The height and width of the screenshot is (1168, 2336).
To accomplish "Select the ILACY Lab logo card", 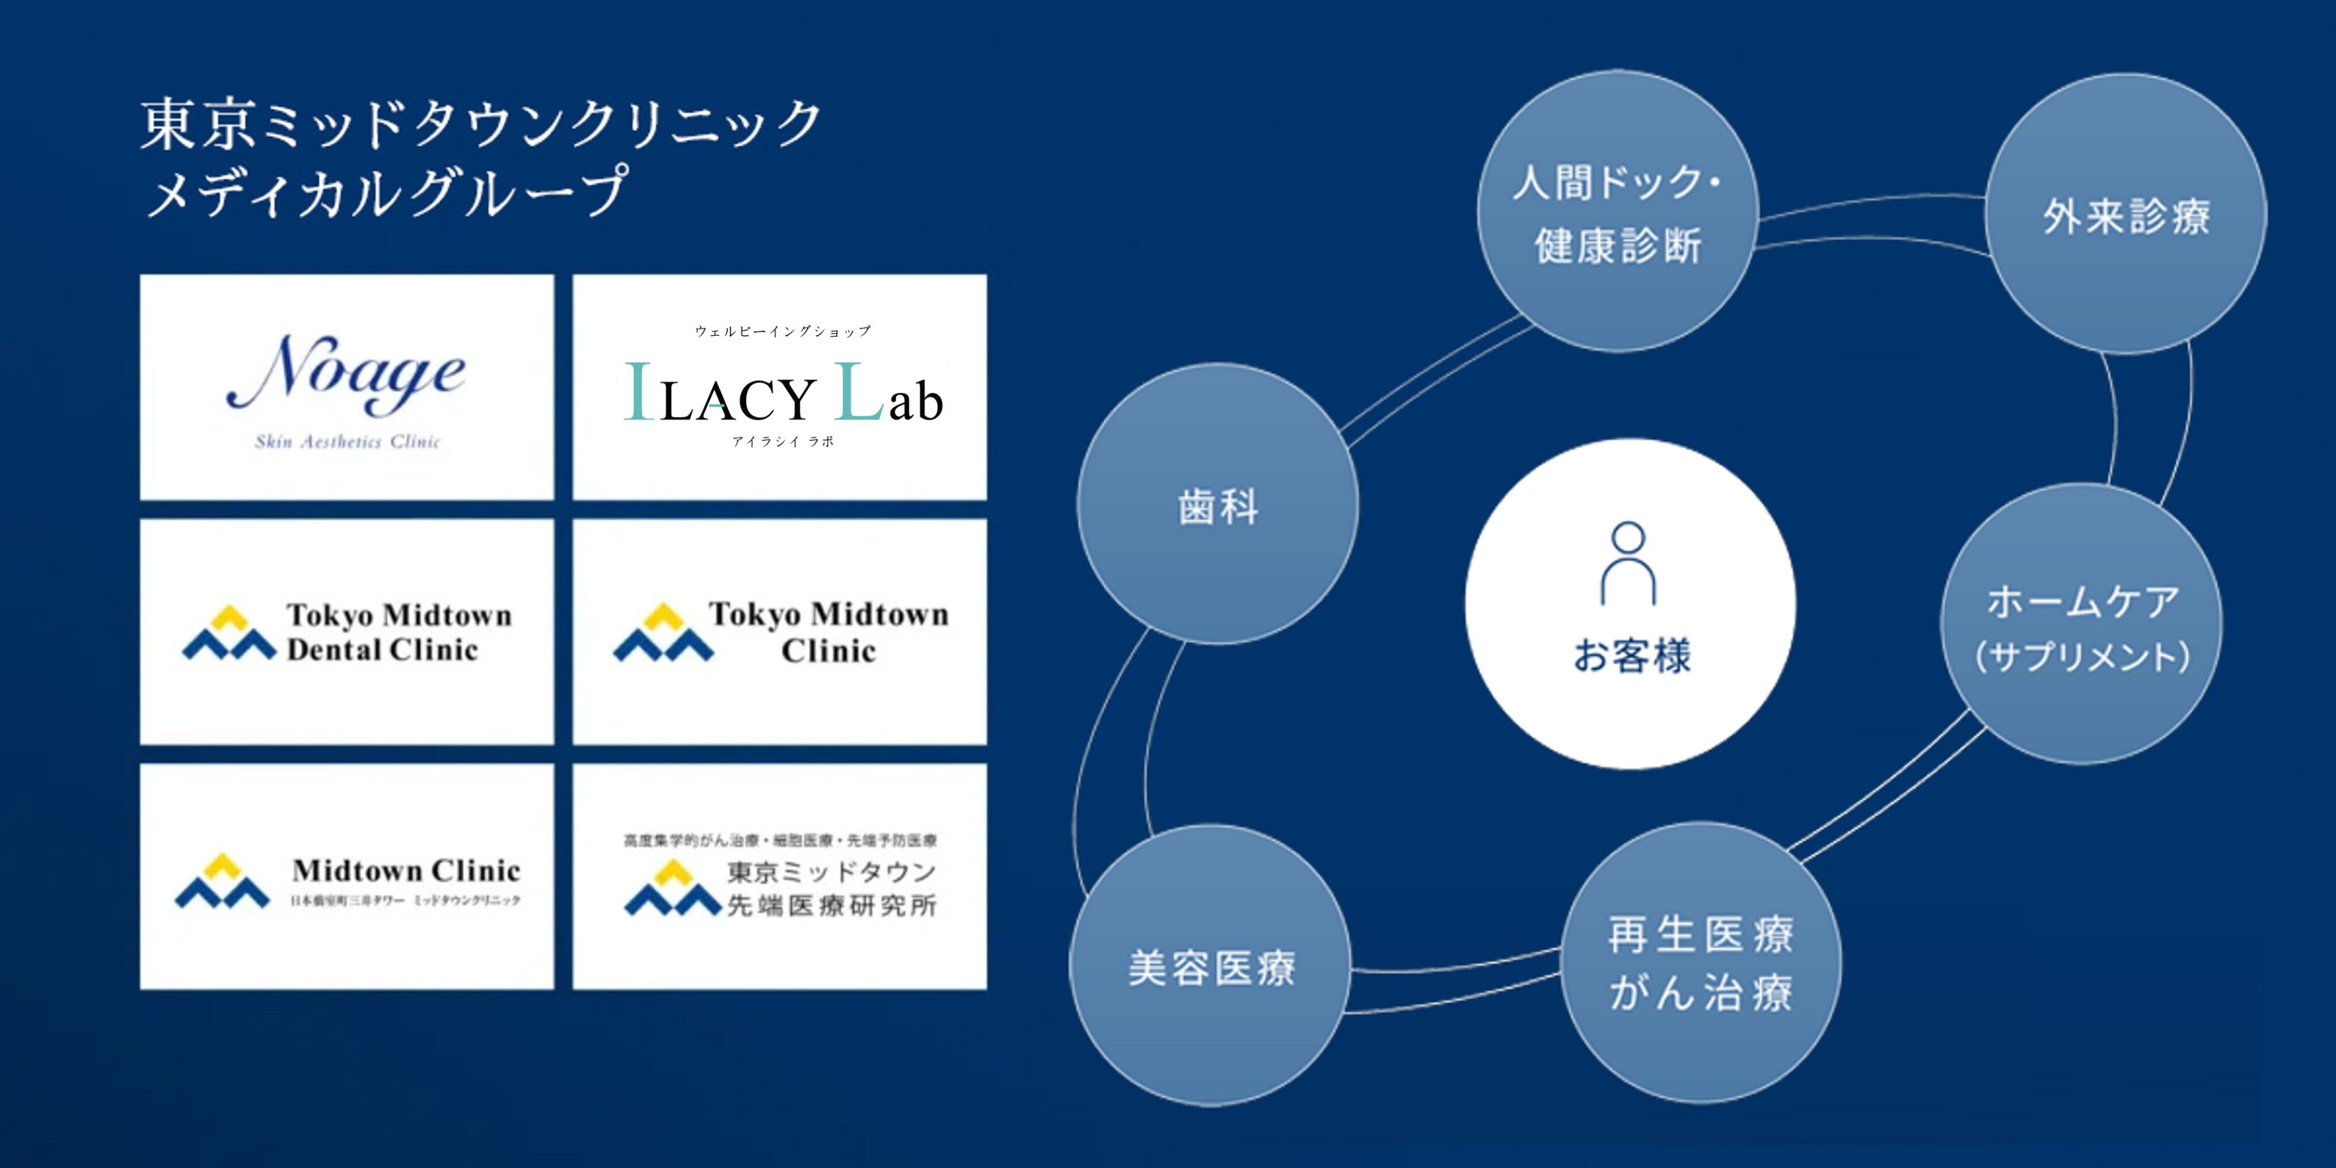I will [x=780, y=387].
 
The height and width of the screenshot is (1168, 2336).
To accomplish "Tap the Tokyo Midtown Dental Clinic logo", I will [x=346, y=632].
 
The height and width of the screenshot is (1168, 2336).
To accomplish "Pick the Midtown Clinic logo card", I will [x=346, y=877].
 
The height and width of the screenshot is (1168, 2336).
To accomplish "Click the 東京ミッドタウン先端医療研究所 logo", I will [x=780, y=877].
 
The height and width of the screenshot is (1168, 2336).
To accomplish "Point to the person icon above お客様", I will [x=1629, y=562].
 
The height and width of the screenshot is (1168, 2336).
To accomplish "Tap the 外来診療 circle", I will [x=2126, y=215].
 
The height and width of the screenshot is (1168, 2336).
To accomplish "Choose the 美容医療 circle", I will [x=1211, y=966].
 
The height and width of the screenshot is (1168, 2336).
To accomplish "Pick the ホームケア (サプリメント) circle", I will [x=2081, y=625].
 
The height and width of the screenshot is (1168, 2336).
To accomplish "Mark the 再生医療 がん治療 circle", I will [x=1701, y=963].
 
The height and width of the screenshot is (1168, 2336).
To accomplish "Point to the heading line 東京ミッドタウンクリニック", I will [x=481, y=124].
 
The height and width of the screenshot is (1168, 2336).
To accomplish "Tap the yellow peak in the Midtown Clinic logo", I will [x=222, y=864].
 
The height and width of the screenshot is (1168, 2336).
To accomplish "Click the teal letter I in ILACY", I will [x=639, y=392].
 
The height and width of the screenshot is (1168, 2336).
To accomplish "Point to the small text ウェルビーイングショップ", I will [x=783, y=331].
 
